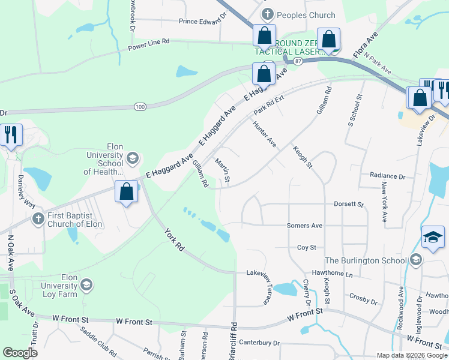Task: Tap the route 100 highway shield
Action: tap(140, 106)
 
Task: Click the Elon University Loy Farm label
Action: tap(61, 286)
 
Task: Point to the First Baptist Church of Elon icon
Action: tap(38, 217)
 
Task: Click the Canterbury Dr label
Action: tap(260, 343)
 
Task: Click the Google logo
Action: tap(20, 353)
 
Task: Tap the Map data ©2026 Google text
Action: tap(411, 355)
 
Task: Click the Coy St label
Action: tap(306, 247)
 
